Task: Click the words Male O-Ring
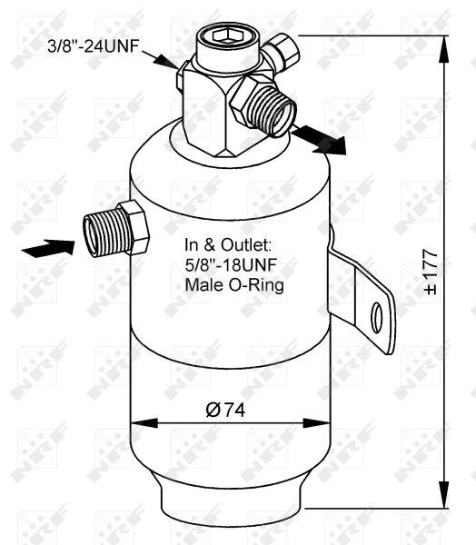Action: pyautogui.click(x=234, y=285)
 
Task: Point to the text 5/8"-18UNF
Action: pyautogui.click(x=233, y=265)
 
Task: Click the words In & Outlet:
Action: pyautogui.click(x=234, y=245)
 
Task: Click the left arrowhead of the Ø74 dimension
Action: pyautogui.click(x=142, y=422)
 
